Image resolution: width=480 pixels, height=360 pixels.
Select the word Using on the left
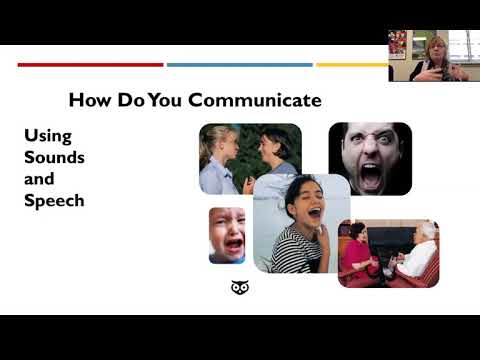pos(48,135)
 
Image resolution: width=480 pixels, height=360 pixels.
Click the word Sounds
pos(54,157)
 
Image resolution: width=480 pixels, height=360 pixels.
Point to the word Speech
pos(54,200)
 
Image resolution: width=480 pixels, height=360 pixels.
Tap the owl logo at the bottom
pos(239,288)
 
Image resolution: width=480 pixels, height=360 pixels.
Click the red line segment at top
pos(90,65)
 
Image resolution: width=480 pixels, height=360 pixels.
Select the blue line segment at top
pos(239,65)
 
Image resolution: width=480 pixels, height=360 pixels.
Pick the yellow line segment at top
pos(351,65)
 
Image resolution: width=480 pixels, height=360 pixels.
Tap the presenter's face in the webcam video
pos(437,49)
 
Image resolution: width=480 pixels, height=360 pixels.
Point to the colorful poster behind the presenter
pos(398,44)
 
